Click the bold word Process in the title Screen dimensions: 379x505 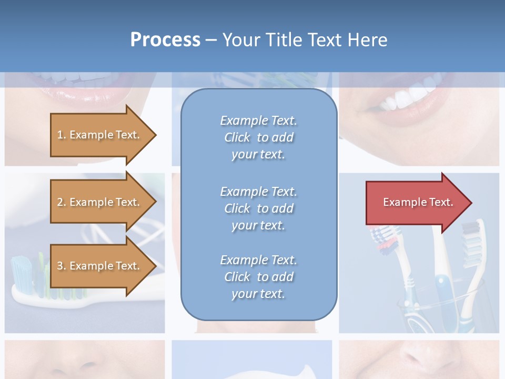coord(165,40)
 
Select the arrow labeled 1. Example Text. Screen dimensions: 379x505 coord(100,135)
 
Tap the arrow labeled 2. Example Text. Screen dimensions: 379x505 coord(100,202)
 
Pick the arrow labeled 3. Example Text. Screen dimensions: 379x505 coord(100,266)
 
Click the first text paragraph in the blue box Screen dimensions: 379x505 coord(258,137)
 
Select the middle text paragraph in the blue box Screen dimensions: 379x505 coord(258,208)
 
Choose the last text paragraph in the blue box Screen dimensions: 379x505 coord(258,277)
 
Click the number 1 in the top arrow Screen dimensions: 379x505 coord(60,135)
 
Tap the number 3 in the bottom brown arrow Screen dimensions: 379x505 coord(60,266)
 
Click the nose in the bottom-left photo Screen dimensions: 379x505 coord(79,363)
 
